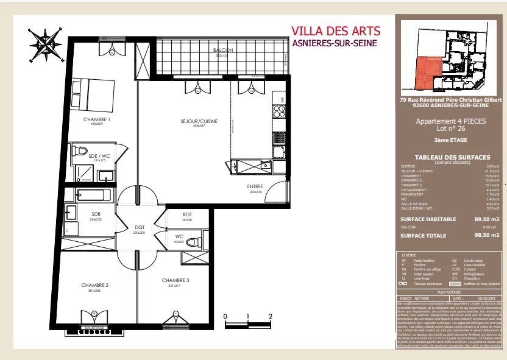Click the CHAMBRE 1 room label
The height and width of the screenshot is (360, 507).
97,120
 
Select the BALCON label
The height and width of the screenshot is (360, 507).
219,50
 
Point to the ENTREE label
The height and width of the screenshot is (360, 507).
255,186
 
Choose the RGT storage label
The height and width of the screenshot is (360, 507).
187,214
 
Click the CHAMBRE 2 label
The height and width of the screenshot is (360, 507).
94,285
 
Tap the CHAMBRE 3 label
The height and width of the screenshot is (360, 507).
174,280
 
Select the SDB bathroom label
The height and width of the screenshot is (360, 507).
96,214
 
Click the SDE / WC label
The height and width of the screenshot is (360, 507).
99,157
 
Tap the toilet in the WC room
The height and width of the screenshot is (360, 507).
191,242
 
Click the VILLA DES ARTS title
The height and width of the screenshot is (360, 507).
336,30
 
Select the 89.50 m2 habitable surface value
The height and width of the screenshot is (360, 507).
487,219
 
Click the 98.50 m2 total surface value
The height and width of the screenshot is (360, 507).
487,235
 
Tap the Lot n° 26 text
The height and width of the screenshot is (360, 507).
451,129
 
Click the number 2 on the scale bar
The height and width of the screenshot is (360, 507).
269,316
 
